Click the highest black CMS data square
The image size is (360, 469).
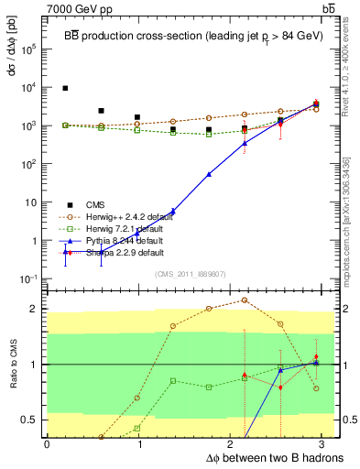tap(65, 88)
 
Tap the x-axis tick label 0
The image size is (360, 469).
tap(47, 444)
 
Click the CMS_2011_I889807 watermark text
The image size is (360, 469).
tap(193, 274)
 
